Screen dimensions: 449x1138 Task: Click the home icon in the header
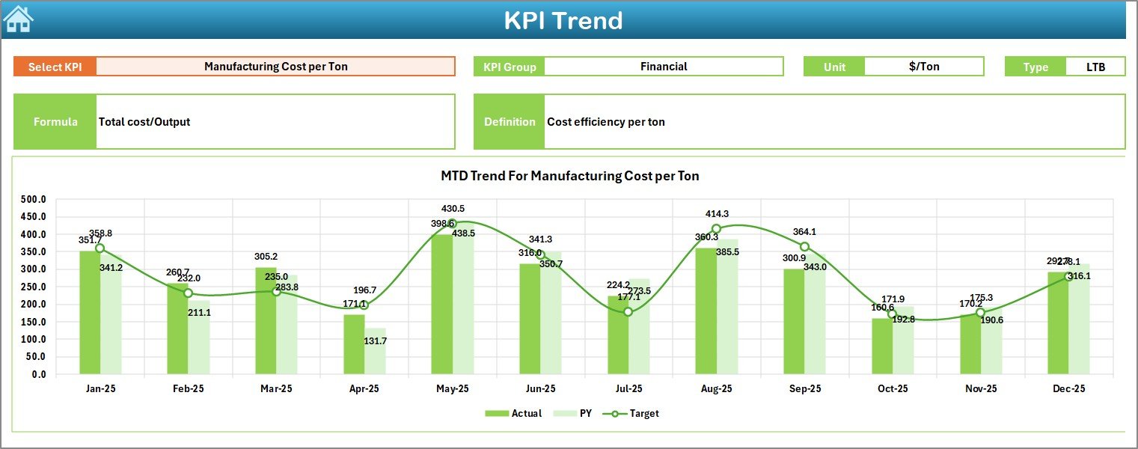point(18,19)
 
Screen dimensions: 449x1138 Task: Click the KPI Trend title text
point(563,20)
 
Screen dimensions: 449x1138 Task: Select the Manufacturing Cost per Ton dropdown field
point(275,67)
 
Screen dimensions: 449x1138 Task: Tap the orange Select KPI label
point(55,67)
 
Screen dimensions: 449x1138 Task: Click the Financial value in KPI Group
point(663,67)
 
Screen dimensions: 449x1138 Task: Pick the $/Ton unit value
point(923,67)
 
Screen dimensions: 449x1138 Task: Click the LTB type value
point(1095,67)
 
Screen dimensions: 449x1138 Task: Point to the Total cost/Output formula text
point(144,122)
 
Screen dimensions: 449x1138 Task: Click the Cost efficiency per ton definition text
point(605,122)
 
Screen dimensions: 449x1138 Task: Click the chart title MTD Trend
point(569,176)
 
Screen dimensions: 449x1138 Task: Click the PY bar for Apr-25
point(376,351)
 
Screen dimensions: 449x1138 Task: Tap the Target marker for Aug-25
point(716,229)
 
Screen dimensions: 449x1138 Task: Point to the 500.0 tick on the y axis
point(33,200)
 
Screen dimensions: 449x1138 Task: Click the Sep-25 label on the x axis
point(804,388)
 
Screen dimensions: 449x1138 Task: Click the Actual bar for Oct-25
point(882,346)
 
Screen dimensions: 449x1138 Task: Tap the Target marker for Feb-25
point(188,293)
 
